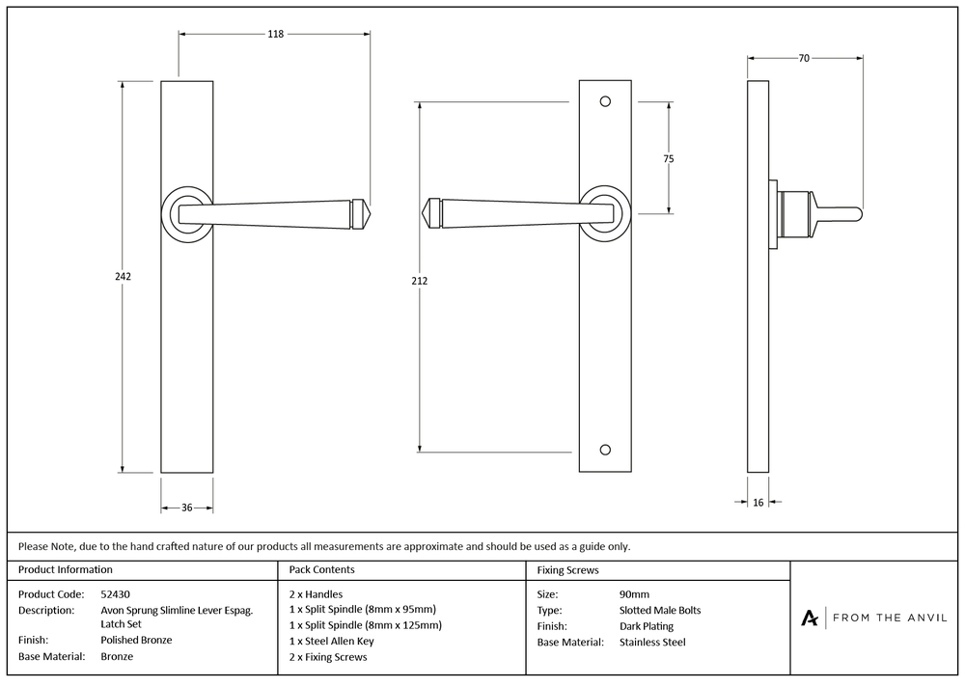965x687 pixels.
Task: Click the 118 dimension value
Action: point(275,35)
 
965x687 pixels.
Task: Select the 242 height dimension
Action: point(123,276)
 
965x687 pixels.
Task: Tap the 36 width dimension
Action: point(187,508)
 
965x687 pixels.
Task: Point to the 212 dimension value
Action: point(419,281)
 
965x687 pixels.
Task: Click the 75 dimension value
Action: point(669,159)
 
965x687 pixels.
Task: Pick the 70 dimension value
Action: point(804,59)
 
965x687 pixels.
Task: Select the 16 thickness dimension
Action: point(758,502)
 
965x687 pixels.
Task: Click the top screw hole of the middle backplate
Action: point(605,100)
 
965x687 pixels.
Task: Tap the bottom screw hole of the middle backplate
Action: point(605,450)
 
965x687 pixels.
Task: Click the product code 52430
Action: point(116,594)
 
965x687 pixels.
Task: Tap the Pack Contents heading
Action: point(321,570)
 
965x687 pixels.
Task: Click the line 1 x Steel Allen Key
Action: point(331,641)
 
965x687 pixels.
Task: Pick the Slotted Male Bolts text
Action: point(659,610)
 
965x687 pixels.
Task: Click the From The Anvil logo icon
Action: point(810,618)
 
